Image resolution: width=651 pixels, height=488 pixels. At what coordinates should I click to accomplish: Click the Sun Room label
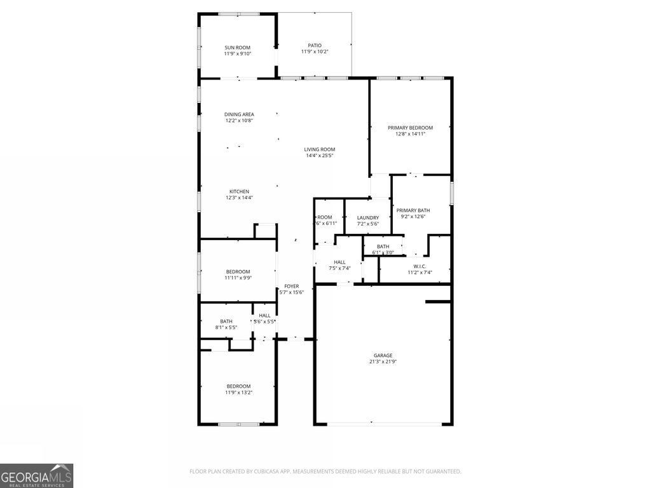237,48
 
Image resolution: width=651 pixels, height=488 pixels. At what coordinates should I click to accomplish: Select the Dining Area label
238,114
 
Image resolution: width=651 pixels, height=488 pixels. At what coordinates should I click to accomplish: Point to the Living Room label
319,149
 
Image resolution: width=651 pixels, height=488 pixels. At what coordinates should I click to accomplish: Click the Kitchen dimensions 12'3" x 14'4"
239,198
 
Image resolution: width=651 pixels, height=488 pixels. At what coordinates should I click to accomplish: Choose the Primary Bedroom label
410,128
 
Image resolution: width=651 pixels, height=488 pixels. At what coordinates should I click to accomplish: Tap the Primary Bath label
413,210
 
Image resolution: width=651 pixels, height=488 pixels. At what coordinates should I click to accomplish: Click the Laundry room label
367,218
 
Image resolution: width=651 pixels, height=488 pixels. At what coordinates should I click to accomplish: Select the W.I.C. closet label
420,266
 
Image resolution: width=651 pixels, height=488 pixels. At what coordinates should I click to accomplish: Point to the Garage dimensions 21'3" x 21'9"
383,362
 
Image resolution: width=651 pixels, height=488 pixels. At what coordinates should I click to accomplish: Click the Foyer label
292,286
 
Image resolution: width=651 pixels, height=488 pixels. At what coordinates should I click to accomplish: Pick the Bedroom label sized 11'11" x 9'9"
238,272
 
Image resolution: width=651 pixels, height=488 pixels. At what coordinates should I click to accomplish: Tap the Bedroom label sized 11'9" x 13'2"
238,386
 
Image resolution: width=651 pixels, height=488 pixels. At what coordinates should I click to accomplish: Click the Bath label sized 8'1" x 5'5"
226,322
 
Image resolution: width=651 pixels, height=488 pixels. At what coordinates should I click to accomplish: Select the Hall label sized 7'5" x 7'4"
339,262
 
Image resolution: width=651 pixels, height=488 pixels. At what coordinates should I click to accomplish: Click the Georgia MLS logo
37,475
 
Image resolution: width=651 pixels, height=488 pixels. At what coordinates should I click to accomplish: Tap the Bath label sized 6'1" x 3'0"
383,247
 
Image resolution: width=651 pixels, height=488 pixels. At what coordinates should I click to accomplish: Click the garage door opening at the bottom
383,424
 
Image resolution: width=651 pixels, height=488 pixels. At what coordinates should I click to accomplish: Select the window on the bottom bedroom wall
238,424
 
